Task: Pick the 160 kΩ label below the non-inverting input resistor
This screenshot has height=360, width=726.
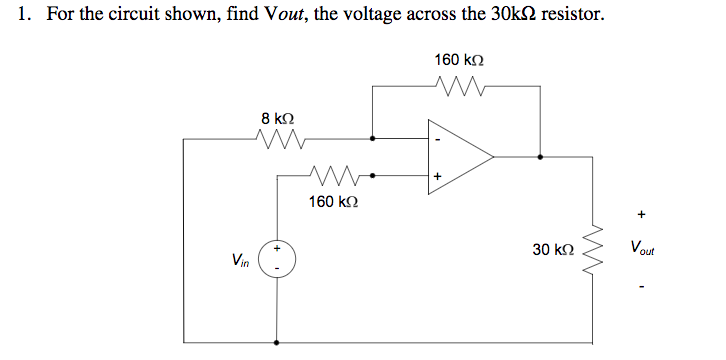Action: pos(333,201)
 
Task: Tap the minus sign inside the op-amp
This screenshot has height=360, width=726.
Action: pos(437,139)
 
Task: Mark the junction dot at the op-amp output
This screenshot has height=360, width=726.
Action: pos(541,157)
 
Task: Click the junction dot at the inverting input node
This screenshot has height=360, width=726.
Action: pos(373,139)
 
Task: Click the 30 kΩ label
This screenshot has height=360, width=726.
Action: pos(553,247)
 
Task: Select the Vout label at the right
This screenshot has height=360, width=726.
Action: pos(645,247)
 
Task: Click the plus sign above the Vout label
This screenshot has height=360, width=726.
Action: pos(641,214)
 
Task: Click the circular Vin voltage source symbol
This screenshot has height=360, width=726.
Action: pos(275,258)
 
